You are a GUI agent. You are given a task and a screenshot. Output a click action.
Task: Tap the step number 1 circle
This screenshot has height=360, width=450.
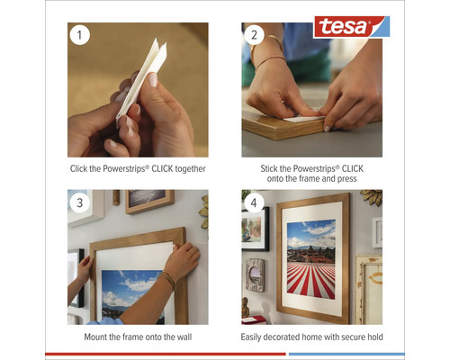click(x=80, y=36)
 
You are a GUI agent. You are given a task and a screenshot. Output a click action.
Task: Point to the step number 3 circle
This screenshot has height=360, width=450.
click(x=80, y=202)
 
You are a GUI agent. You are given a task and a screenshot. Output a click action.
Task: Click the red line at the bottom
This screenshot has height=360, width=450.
click(x=162, y=354)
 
